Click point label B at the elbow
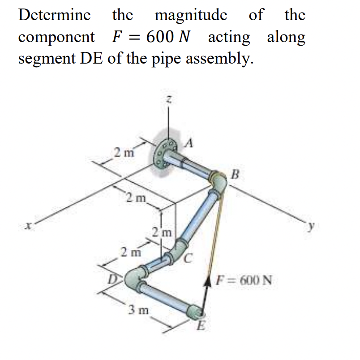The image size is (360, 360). [x=236, y=173]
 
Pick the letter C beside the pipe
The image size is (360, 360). [x=190, y=258]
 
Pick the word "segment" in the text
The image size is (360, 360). [x=47, y=59]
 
